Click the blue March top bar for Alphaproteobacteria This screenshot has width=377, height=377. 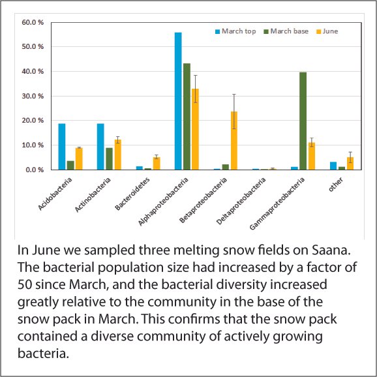point(178,101)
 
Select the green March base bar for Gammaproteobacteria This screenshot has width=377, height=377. point(303,121)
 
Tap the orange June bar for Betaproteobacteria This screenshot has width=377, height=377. point(234,141)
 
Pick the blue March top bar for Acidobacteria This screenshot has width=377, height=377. point(62,147)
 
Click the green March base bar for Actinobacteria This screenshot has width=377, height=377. point(109,159)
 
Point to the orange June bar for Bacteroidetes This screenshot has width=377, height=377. point(157,164)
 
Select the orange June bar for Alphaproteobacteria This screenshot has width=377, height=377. point(195,129)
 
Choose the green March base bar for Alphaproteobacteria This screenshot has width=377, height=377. point(187,117)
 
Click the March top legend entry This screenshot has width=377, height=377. point(235,31)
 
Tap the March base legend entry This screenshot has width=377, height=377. point(286,31)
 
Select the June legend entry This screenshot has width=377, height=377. point(327,31)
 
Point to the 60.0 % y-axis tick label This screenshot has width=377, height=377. point(33,22)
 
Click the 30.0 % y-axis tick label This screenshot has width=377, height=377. point(33,96)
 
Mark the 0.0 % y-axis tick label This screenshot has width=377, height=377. point(35,170)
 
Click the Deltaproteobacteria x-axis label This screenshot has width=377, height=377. point(241,201)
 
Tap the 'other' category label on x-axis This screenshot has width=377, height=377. point(336,185)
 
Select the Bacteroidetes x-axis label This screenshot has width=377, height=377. point(132,194)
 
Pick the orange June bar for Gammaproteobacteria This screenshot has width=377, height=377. point(312,156)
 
